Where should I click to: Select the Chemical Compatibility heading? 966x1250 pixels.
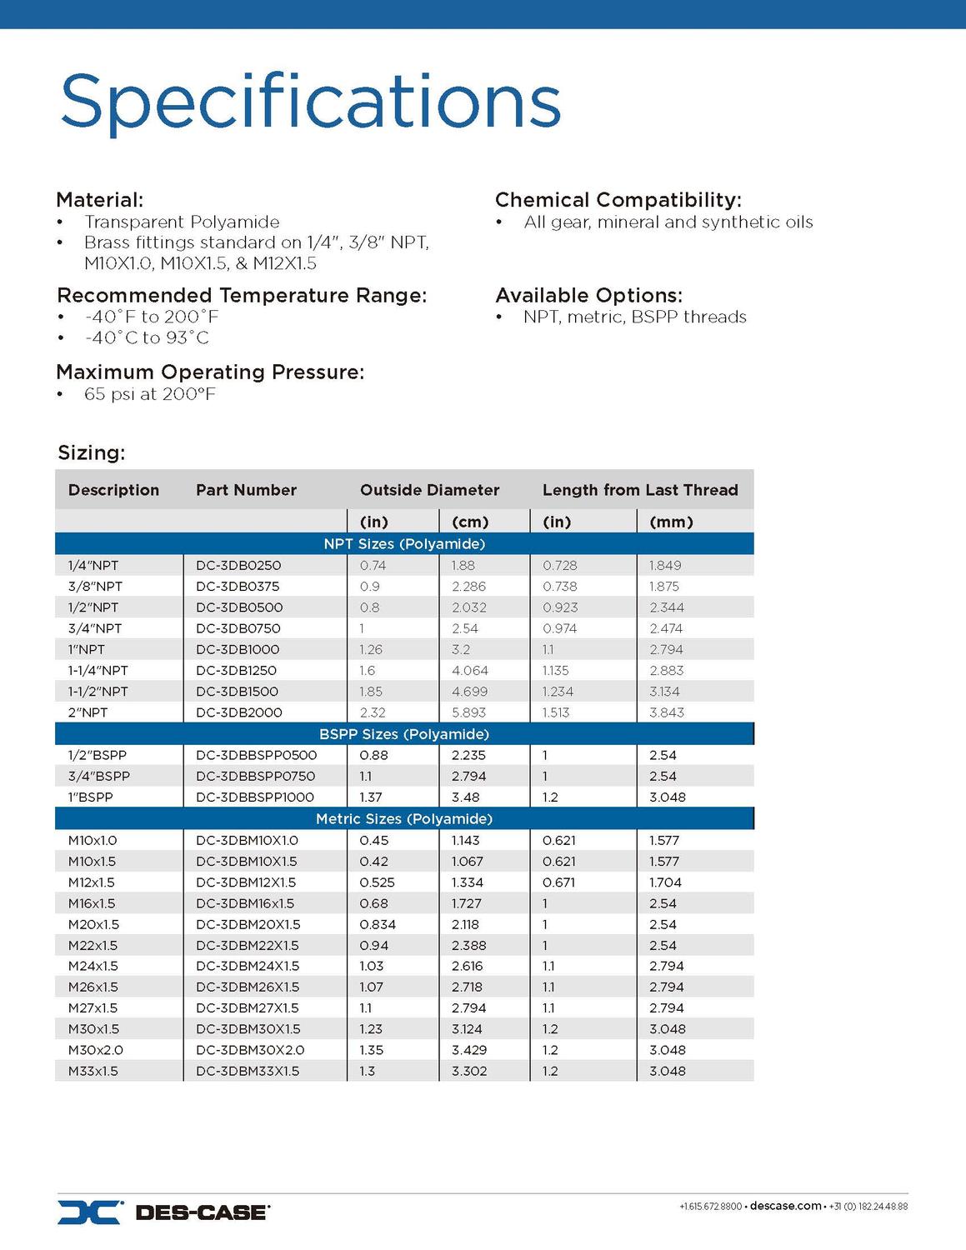tap(618, 200)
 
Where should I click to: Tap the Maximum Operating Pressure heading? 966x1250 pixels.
tap(210, 372)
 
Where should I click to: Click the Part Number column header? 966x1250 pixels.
tap(246, 490)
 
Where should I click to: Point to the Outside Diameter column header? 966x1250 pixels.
tap(429, 490)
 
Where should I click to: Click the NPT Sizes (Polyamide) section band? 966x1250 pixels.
tap(404, 544)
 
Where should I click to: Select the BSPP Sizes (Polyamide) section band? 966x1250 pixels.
tap(404, 734)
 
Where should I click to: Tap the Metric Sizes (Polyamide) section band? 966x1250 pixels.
tap(404, 819)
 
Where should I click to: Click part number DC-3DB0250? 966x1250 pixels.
tap(238, 565)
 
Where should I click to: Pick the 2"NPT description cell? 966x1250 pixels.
tap(88, 712)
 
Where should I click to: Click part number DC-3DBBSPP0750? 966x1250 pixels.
tap(255, 776)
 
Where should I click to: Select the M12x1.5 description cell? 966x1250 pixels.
tap(92, 882)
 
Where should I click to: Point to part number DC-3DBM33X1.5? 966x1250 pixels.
tap(248, 1071)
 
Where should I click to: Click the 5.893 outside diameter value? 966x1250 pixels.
tap(468, 712)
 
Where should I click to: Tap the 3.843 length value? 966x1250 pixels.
tap(666, 712)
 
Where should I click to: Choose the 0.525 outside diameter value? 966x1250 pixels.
tap(377, 882)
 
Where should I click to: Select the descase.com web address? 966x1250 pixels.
tap(785, 1206)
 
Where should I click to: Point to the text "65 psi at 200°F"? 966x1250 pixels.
tap(150, 394)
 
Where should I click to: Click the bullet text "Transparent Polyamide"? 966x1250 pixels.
tap(182, 222)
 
